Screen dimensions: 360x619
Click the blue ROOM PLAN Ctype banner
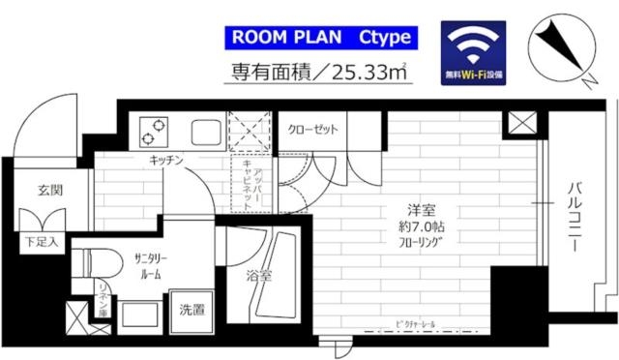pyautogui.click(x=320, y=38)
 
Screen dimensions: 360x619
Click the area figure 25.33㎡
pyautogui.click(x=366, y=72)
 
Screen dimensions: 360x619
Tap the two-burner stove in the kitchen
pyautogui.click(x=155, y=128)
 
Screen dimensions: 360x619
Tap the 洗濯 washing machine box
pyautogui.click(x=191, y=311)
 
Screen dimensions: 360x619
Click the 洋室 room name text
pyautogui.click(x=418, y=211)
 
